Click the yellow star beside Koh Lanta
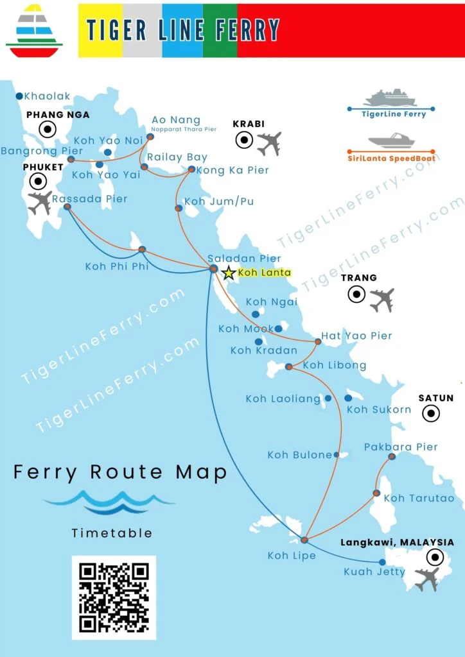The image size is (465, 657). click(228, 273)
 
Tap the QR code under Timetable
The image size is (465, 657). click(114, 597)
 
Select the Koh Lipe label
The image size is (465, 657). click(292, 556)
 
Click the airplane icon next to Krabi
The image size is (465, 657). click(269, 144)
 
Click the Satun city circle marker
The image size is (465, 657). click(430, 414)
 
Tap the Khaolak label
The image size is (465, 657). click(47, 96)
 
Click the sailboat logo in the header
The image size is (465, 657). click(34, 30)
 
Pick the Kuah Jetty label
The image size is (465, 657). click(374, 572)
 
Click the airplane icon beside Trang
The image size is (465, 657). click(382, 300)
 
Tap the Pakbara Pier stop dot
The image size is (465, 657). click(392, 457)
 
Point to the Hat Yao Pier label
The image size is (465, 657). click(356, 336)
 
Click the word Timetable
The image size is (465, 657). click(112, 533)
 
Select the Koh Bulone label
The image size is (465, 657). click(299, 455)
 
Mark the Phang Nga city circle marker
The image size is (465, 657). click(47, 130)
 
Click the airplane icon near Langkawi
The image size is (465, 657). click(427, 579)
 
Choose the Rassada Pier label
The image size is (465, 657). click(90, 199)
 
